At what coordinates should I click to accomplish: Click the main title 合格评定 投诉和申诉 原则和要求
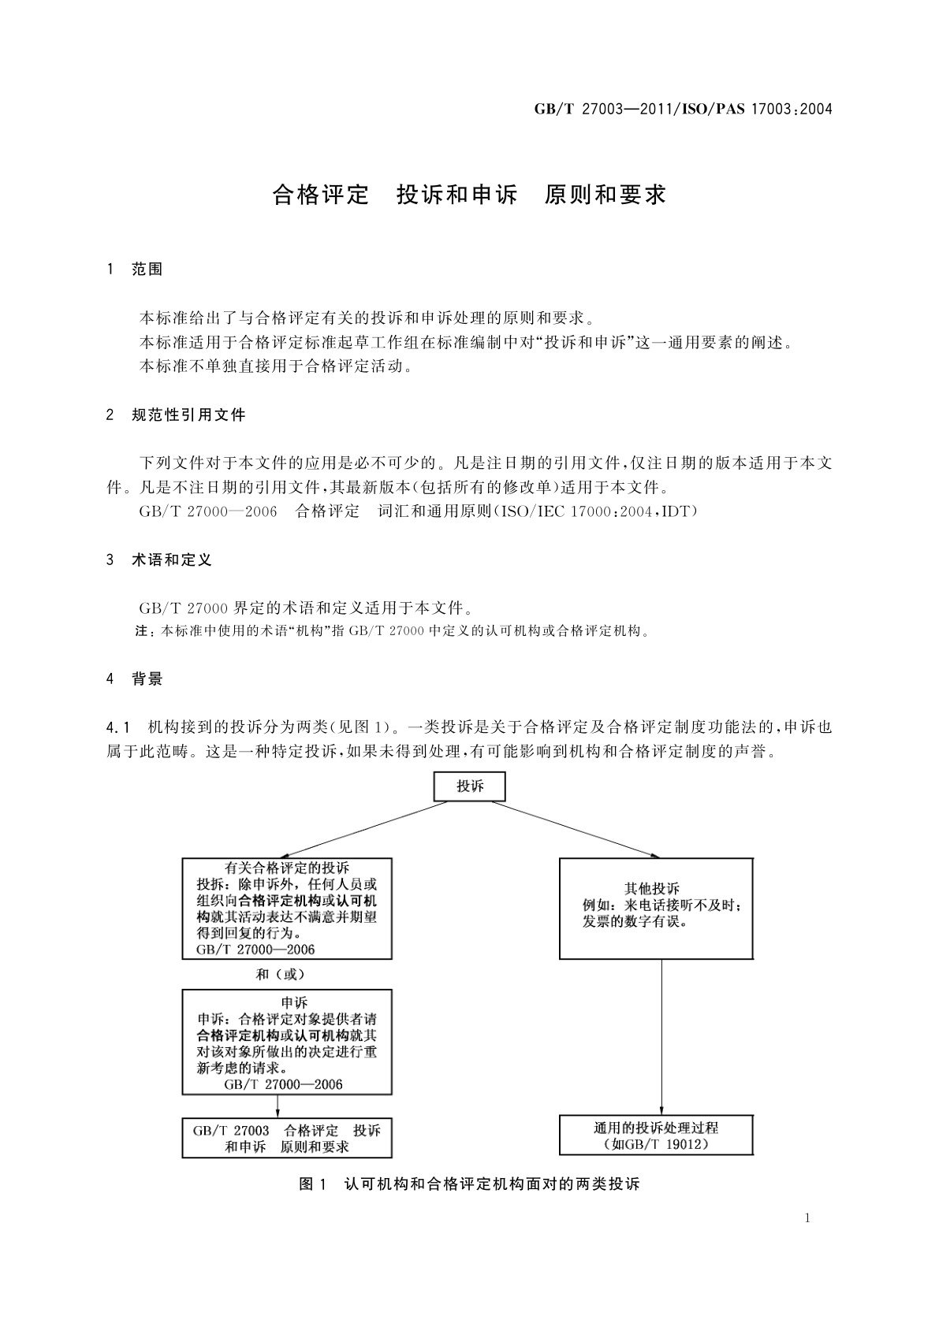coord(469,195)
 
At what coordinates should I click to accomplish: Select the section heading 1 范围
coord(135,269)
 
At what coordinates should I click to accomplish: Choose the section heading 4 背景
coord(135,679)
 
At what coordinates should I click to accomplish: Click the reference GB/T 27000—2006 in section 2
coord(208,511)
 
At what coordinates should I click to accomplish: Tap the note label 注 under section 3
coord(143,631)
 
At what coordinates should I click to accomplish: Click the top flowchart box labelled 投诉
coord(470,786)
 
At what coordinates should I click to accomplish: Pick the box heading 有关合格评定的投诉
coord(286,868)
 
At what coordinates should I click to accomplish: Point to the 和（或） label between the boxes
coord(281,974)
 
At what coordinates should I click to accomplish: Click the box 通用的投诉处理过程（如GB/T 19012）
coord(656,1136)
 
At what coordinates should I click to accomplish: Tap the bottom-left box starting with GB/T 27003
coord(287,1138)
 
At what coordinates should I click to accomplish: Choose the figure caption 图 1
coord(312,1184)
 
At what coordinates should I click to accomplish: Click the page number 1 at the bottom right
coord(807,1218)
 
